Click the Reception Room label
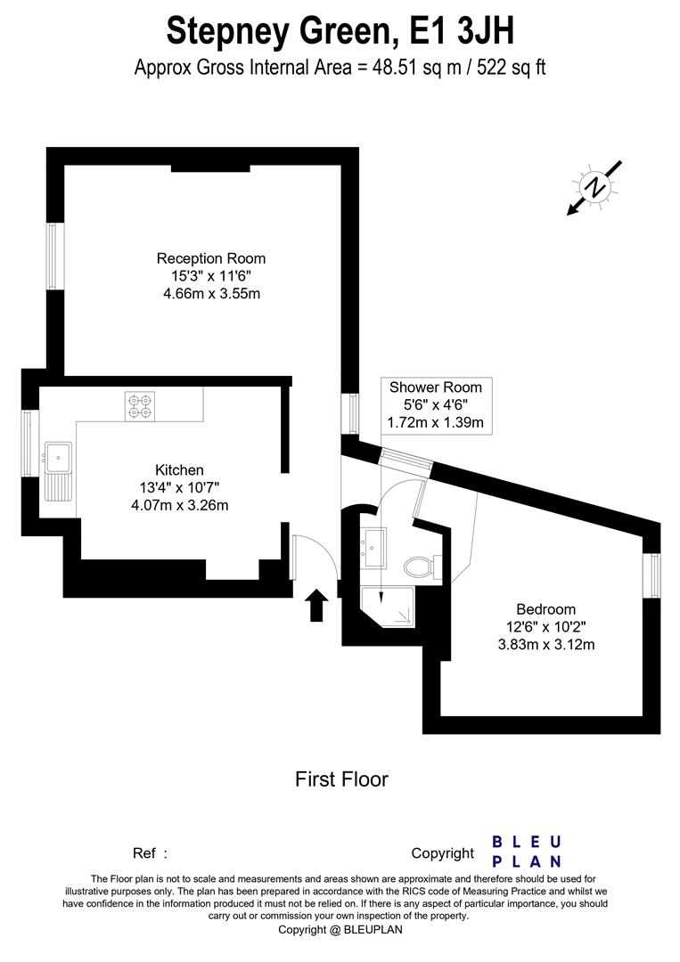click(x=210, y=258)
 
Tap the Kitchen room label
click(x=179, y=469)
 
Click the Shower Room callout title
click(x=436, y=387)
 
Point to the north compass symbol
click(x=594, y=187)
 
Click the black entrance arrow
click(x=316, y=606)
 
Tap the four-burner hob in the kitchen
click(x=140, y=406)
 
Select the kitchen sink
click(x=59, y=457)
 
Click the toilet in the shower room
click(x=417, y=567)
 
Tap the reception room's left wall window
click(x=53, y=257)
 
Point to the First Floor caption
click(x=341, y=779)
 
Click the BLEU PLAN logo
click(x=527, y=852)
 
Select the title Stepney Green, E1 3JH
click(x=340, y=32)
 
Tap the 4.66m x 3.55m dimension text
click(x=210, y=293)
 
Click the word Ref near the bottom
click(x=144, y=853)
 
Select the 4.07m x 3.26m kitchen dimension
click(x=179, y=505)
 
